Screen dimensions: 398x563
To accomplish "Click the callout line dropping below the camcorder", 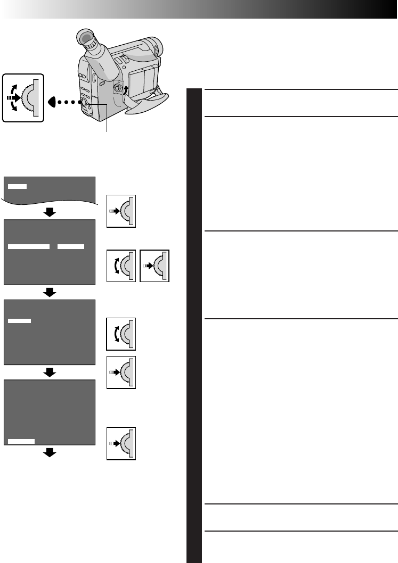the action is [x=107, y=120].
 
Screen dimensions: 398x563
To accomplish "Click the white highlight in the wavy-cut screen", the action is [x=17, y=186].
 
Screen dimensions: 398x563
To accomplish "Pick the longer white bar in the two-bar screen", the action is [x=29, y=247].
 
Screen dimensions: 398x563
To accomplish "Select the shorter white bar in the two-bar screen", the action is [x=71, y=247].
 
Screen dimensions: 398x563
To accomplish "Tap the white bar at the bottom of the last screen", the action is [x=21, y=441].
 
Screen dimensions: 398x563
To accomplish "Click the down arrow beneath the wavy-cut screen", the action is [x=50, y=212].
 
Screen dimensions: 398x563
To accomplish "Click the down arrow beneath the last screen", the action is [x=50, y=452].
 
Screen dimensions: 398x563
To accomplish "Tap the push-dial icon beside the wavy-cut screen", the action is [x=121, y=211].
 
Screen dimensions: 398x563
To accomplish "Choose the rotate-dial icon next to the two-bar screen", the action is [x=121, y=265].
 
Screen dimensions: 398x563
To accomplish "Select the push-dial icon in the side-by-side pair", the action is [x=155, y=265].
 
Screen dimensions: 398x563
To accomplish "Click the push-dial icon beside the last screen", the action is [x=121, y=443].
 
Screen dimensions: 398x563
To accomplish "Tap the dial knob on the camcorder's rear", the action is [x=85, y=101].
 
